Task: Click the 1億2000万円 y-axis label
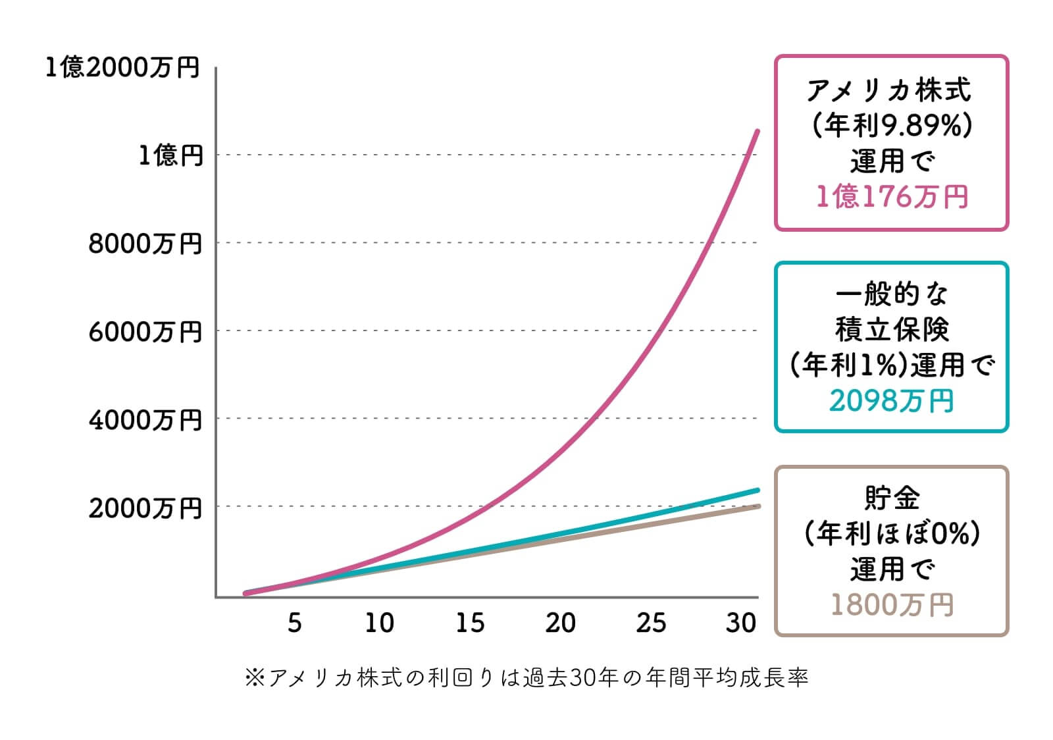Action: coord(122,67)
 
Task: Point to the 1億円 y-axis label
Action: coord(170,155)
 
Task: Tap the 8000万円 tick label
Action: coord(145,244)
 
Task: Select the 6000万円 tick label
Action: coord(145,331)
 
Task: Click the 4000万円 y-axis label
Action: coord(145,419)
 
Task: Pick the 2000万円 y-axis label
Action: coord(145,508)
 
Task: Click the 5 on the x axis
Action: coord(294,622)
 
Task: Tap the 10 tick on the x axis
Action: coord(379,622)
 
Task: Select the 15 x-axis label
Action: coord(470,622)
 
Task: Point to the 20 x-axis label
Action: coord(560,622)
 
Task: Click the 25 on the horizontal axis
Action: coord(651,622)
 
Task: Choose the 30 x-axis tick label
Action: coord(741,622)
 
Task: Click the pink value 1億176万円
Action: coord(892,196)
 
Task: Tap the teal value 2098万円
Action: coord(892,400)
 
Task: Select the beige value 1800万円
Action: coord(892,604)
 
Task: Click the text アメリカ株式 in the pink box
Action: coord(889,90)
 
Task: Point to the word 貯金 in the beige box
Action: coord(892,498)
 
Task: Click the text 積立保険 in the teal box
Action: coord(892,329)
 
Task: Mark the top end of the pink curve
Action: coord(758,131)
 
